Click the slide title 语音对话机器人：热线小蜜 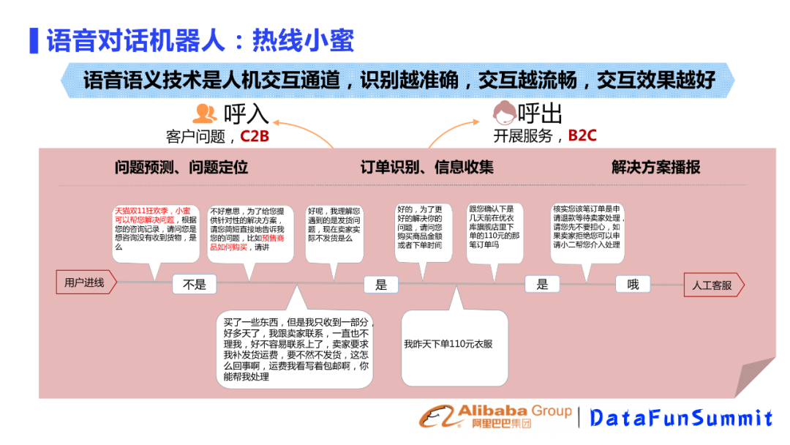tap(200, 41)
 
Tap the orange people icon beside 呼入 tap(205, 113)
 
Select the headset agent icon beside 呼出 tap(503, 113)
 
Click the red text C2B tap(255, 136)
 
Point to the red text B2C tap(583, 135)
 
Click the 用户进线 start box tap(85, 283)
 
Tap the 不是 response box tap(195, 285)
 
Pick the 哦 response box tap(633, 284)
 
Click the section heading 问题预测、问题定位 tap(181, 167)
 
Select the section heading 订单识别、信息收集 tap(427, 167)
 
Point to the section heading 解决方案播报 tap(656, 167)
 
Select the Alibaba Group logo tap(495, 416)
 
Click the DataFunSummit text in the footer tap(681, 418)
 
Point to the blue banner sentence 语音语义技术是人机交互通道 tap(399, 80)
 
